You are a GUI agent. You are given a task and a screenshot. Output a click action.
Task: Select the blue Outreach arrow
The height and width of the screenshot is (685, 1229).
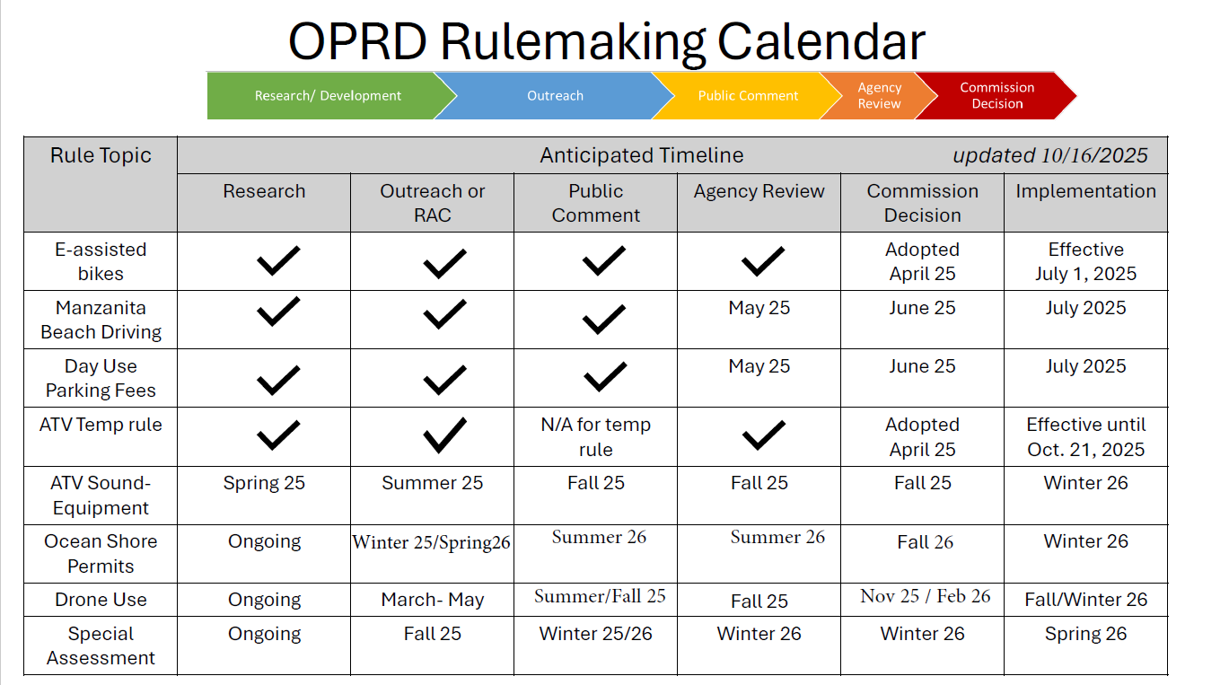point(555,96)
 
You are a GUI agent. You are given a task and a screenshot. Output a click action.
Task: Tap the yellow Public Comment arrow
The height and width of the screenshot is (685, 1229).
point(748,96)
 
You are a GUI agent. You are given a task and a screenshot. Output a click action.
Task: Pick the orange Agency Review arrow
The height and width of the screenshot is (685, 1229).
point(879,96)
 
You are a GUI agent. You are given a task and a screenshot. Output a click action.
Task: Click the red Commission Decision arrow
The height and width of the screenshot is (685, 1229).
point(996,96)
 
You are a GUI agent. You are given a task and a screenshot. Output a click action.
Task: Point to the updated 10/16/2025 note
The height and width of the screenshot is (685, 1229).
point(1049,155)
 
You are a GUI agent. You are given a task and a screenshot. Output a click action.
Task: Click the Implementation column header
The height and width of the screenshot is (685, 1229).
point(1085,191)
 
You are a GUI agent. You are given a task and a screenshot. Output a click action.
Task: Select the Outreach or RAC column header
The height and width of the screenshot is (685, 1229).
point(432,203)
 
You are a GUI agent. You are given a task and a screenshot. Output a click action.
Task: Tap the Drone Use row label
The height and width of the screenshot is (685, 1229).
point(101,600)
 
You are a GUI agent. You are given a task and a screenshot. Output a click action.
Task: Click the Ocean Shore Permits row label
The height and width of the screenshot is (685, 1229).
point(101,554)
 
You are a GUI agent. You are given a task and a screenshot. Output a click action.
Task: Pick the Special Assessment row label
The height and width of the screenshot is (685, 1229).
point(101,645)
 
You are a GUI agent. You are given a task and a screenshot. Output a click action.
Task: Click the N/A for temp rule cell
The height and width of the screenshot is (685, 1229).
point(595,437)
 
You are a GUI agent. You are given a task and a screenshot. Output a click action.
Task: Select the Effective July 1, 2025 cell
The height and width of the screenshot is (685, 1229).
point(1085,261)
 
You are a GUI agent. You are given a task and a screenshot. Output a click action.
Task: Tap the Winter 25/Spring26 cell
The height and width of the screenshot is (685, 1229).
point(432,542)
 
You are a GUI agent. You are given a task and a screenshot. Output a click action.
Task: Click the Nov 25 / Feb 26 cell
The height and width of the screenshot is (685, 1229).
point(925,596)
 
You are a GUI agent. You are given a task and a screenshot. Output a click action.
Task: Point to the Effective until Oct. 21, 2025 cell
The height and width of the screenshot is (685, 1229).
point(1085,437)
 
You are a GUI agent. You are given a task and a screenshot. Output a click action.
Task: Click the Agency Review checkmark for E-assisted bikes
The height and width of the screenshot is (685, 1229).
point(763,261)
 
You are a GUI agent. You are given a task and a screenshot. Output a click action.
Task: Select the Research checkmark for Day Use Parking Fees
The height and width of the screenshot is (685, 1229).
point(278,380)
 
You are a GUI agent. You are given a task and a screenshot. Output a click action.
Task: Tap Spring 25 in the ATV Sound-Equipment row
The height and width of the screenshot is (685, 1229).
point(264,483)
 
